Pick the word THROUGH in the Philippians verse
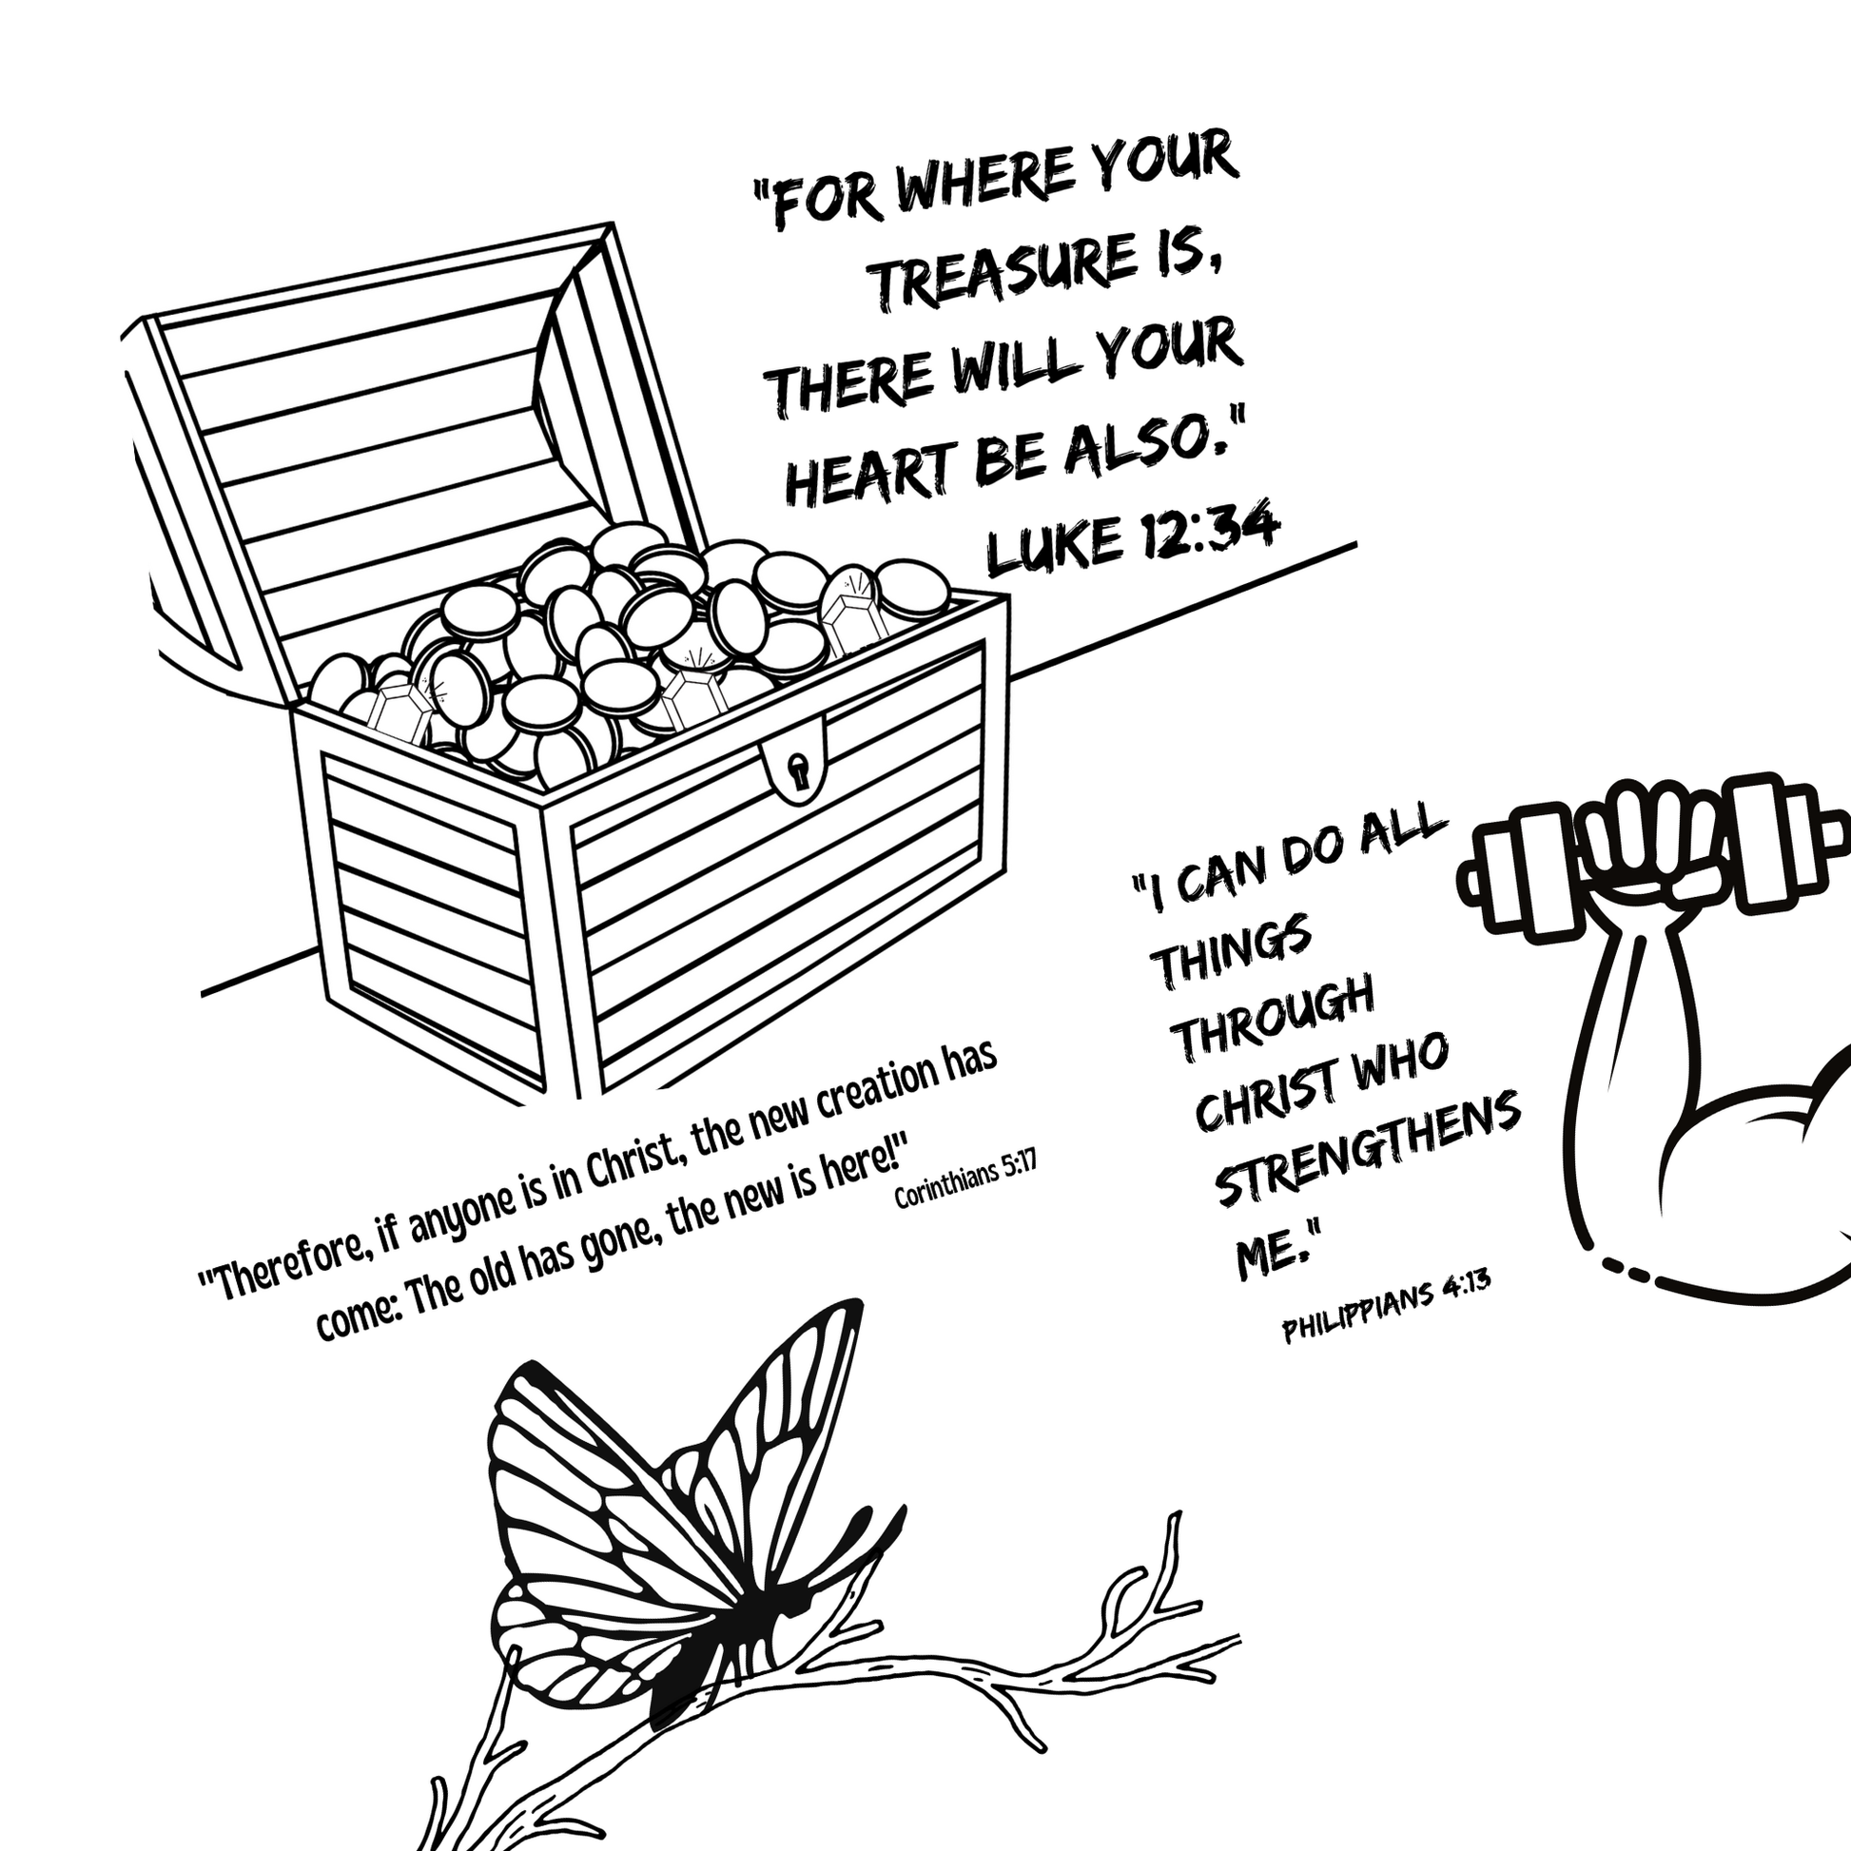click(x=1276, y=1017)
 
